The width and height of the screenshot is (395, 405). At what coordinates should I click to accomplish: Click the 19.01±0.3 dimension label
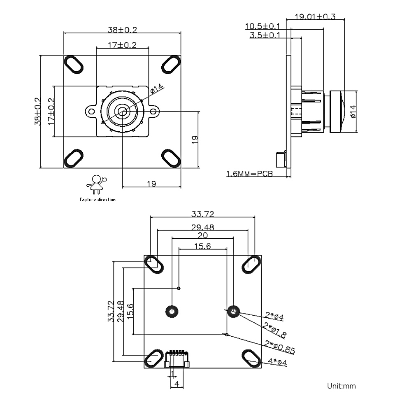coord(316,17)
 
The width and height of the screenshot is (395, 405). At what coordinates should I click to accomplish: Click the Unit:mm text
coord(341,386)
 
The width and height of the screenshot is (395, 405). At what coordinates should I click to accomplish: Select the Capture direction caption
coord(98,200)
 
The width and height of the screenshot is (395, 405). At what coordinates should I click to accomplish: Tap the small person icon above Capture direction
coord(97,184)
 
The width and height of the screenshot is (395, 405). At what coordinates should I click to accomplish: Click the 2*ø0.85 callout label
coord(280,349)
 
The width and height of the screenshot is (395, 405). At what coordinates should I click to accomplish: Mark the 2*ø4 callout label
coord(274,317)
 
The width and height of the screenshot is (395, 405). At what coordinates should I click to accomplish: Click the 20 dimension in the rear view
coord(202,235)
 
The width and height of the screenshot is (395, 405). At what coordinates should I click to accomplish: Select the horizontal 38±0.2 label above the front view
coord(122,30)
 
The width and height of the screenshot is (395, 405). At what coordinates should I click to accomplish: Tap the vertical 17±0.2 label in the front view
coord(51,111)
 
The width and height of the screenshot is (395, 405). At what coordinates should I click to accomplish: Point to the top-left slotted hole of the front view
coord(74,64)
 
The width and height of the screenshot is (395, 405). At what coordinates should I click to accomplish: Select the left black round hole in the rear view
coord(171,312)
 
